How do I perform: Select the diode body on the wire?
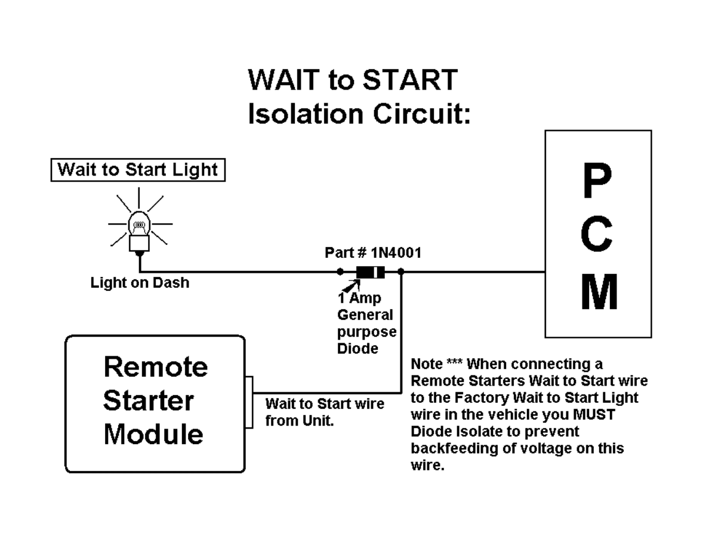click(371, 272)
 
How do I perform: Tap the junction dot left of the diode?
click(340, 272)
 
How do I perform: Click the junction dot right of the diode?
click(400, 272)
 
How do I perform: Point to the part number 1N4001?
click(396, 253)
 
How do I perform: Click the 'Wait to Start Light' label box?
click(138, 170)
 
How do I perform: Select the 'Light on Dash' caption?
click(140, 282)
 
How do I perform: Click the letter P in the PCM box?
click(597, 180)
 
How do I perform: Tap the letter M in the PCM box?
click(599, 292)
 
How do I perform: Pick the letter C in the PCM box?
click(597, 234)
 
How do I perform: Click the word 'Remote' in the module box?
click(156, 367)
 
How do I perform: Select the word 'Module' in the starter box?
click(153, 434)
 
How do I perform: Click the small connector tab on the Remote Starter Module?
click(249, 402)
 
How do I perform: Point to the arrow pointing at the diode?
click(352, 286)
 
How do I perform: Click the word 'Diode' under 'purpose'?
click(357, 349)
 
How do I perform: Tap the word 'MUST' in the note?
click(594, 415)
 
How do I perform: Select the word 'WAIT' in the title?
click(284, 80)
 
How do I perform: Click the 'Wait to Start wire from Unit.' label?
click(325, 412)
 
